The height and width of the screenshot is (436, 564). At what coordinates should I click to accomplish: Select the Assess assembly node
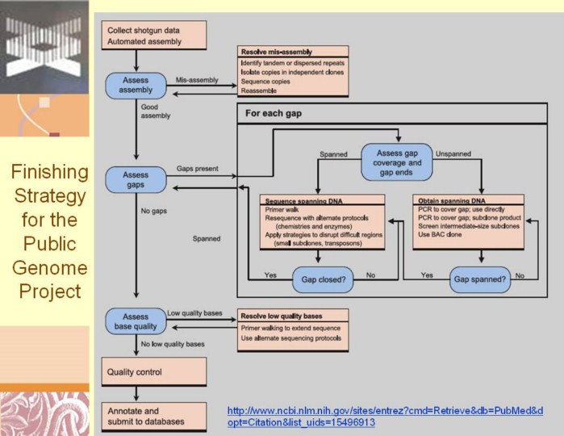pyautogui.click(x=136, y=85)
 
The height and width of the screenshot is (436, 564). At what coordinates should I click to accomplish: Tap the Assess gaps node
pyautogui.click(x=136, y=178)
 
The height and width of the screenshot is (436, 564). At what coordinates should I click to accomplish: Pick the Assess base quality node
pyautogui.click(x=135, y=321)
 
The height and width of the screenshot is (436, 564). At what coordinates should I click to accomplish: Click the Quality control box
pyautogui.click(x=154, y=372)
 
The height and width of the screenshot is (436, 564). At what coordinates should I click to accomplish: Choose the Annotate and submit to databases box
pyautogui.click(x=154, y=416)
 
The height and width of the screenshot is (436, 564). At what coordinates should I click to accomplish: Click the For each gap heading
pyautogui.click(x=274, y=114)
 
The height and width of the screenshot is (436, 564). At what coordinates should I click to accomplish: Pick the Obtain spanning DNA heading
pyautogui.click(x=449, y=199)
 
